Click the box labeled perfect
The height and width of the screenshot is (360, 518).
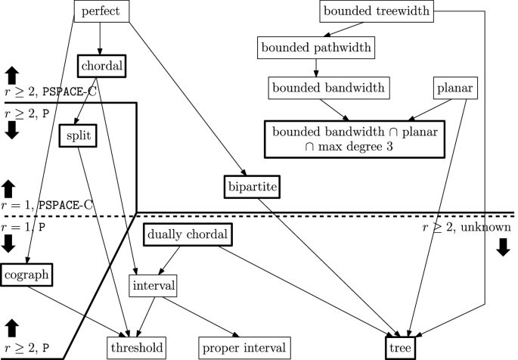pos(103,11)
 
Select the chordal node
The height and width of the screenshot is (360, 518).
pos(101,65)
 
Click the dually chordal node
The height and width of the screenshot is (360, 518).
pos(186,235)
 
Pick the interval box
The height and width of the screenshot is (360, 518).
pos(154,286)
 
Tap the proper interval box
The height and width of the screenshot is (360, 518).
pos(244,348)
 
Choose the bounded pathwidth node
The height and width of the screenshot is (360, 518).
pos(315,48)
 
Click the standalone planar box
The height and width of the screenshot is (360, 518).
pos(454,88)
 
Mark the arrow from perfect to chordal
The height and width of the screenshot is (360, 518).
pos(101,38)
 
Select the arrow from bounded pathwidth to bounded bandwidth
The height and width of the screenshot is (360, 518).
pos(316,67)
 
